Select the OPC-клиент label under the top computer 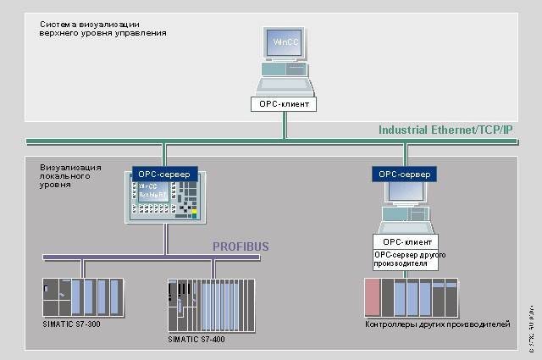[x=285, y=105]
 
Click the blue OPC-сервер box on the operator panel [x=164, y=173]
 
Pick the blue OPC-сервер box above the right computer [x=405, y=174]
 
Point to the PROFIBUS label [x=241, y=246]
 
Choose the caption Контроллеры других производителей [x=438, y=324]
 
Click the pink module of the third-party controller [x=372, y=297]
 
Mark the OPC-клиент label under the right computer [x=405, y=241]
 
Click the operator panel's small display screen [x=151, y=190]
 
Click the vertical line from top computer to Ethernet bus [x=285, y=125]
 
